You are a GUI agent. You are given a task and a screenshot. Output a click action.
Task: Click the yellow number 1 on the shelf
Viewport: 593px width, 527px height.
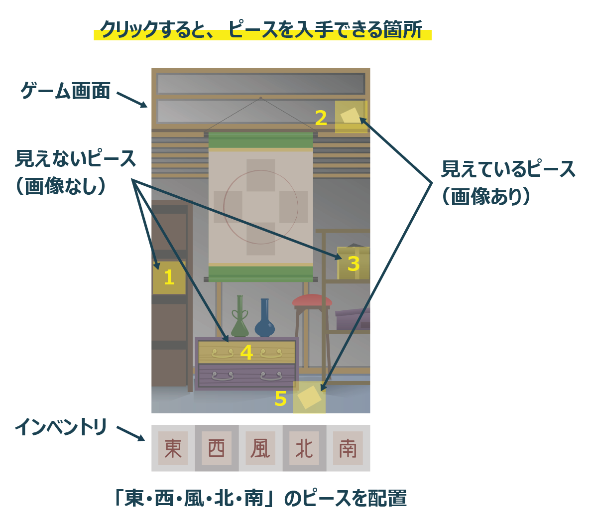(169, 277)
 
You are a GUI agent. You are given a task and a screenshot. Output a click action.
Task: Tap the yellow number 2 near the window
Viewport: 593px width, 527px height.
(321, 118)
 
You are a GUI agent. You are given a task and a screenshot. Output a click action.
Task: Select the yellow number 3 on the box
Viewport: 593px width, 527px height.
(353, 263)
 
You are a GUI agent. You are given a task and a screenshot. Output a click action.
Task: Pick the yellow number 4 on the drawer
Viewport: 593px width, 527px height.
(246, 353)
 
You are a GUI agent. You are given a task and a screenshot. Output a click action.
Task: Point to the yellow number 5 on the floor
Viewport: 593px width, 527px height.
(281, 399)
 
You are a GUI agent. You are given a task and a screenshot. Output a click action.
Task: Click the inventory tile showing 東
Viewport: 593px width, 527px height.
(173, 448)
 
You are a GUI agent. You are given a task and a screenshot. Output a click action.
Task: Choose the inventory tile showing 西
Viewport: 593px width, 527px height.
(217, 448)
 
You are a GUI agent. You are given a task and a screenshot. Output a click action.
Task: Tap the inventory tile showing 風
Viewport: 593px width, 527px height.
(260, 448)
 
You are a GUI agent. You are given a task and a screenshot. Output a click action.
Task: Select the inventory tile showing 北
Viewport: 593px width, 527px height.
(304, 448)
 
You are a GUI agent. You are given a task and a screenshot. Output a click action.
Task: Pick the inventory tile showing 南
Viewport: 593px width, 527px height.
(348, 448)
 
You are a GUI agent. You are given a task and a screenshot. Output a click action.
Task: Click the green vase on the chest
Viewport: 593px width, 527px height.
(240, 319)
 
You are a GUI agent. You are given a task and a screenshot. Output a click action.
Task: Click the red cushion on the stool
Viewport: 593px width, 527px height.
(312, 300)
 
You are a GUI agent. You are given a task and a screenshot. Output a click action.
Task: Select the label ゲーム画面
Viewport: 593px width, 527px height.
(65, 91)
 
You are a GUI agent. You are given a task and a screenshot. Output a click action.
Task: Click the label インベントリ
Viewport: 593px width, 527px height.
(61, 427)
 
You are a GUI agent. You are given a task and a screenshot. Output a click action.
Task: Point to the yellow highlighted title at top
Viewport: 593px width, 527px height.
(262, 30)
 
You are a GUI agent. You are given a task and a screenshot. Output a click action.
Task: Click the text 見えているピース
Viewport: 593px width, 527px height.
(508, 169)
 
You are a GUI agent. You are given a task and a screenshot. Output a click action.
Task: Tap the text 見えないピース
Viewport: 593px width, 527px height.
(76, 159)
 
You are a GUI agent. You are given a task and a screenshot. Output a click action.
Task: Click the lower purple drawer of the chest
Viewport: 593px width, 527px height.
(246, 376)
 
